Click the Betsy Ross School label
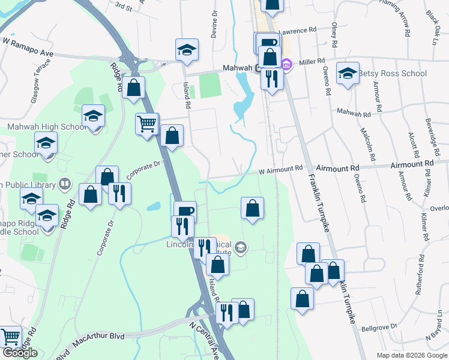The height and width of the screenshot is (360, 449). click(393, 74)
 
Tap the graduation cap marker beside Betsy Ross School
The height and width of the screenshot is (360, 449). click(348, 74)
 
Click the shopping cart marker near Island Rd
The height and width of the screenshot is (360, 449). click(147, 125)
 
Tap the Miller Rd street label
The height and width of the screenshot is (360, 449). click(312, 61)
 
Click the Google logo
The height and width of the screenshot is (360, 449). click(20, 353)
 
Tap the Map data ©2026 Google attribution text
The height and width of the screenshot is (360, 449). click(412, 355)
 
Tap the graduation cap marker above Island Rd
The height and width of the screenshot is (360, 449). click(187, 50)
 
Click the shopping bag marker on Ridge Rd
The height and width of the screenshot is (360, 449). click(135, 88)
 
